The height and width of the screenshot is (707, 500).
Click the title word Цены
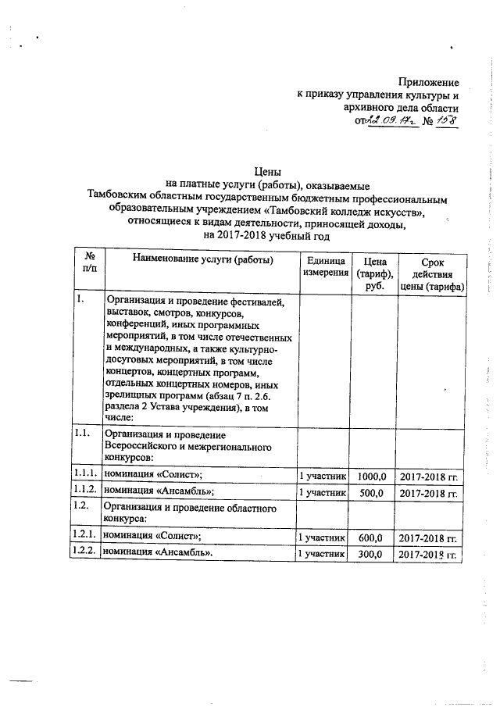[268, 171]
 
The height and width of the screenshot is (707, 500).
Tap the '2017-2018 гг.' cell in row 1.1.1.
[427, 476]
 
